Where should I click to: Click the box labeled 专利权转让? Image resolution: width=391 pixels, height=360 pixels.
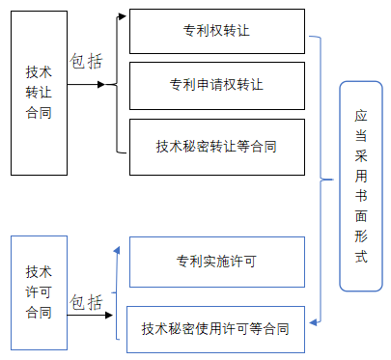click(216, 32)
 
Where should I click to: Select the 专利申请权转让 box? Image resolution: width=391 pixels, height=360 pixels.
click(216, 85)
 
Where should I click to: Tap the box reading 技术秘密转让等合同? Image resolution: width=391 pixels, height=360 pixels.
click(216, 146)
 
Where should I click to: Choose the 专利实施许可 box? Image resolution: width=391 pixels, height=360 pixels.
click(216, 262)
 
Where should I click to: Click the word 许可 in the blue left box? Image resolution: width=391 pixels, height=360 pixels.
click(40, 291)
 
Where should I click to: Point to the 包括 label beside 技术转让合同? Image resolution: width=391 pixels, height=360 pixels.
click(86, 61)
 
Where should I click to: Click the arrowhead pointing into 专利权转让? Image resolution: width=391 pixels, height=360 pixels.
click(123, 15)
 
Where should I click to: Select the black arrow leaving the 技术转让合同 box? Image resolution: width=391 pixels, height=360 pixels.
click(92, 84)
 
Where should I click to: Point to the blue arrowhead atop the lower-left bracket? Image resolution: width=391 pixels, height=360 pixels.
click(116, 250)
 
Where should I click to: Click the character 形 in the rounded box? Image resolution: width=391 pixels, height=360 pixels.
click(360, 236)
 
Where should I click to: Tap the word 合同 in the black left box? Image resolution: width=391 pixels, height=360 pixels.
click(39, 113)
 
